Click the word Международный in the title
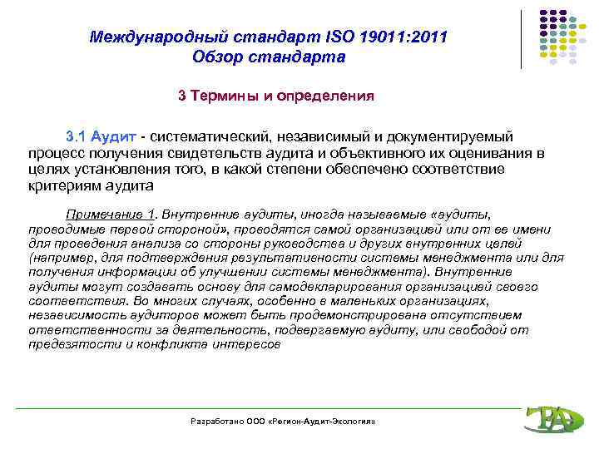click(x=158, y=37)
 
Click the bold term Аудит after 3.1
click(x=114, y=136)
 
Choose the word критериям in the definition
click(x=64, y=185)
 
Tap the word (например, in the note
click(x=57, y=258)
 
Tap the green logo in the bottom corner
click(x=550, y=419)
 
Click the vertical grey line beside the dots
click(x=523, y=39)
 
